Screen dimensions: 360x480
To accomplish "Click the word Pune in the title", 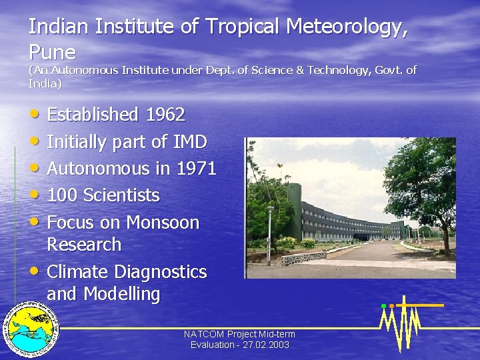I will [52, 52].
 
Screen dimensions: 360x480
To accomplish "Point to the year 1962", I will [164, 115].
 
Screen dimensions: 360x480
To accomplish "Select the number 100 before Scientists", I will [63, 195].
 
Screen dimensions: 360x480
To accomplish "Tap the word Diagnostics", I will [161, 272].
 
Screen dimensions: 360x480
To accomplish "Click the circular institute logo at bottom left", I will [31, 331].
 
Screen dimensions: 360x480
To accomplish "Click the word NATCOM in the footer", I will [205, 334].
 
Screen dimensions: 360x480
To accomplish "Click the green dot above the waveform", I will [383, 306].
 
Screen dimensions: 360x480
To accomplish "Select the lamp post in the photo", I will [270, 227].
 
